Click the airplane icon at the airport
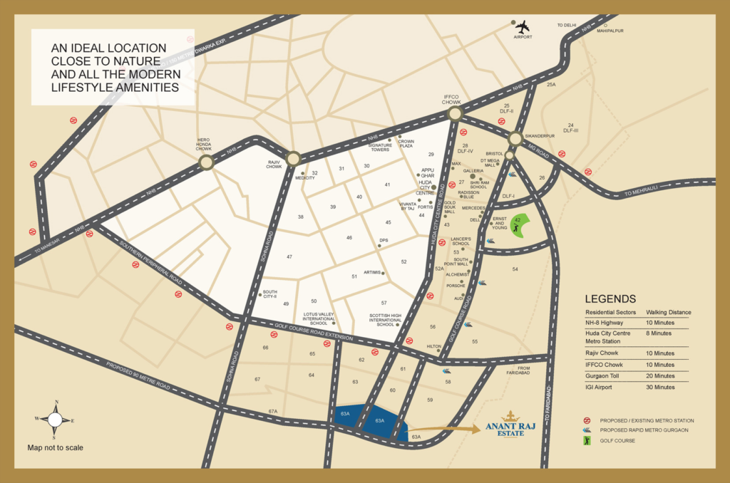(x=523, y=27)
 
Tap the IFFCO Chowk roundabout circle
(x=455, y=115)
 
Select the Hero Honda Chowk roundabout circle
(x=206, y=163)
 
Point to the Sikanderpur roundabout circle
(x=515, y=138)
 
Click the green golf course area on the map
(x=520, y=226)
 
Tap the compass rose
(x=55, y=420)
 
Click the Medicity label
(x=305, y=178)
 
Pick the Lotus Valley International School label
(x=318, y=318)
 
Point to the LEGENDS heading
(x=610, y=299)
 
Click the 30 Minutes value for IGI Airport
(x=660, y=387)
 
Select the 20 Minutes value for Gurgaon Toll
(x=660, y=375)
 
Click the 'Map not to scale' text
(x=55, y=447)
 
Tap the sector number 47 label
(x=289, y=256)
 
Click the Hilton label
(x=434, y=346)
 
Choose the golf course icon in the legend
(x=587, y=441)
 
